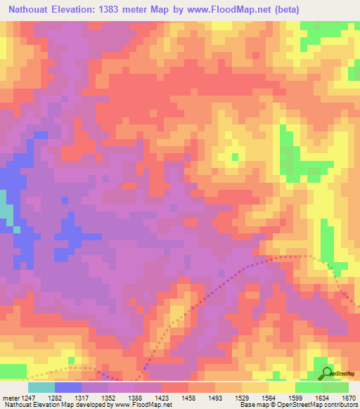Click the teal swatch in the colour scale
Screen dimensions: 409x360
41,387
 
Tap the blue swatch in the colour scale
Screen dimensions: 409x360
68,387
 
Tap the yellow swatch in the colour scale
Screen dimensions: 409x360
281,387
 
